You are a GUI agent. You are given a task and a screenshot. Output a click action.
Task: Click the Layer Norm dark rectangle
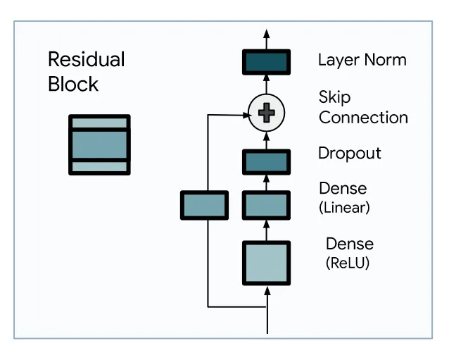(266, 62)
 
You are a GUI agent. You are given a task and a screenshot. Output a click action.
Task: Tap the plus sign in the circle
(267, 113)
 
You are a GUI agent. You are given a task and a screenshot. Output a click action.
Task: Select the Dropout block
(266, 162)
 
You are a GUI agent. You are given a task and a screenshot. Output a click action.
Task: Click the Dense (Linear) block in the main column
(266, 205)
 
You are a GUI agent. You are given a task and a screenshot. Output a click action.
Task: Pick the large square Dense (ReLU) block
(266, 263)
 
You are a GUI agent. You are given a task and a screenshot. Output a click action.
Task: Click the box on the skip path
(205, 205)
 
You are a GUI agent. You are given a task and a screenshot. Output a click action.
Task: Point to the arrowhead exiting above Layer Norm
(267, 34)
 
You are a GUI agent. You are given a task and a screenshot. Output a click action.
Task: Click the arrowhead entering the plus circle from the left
(246, 116)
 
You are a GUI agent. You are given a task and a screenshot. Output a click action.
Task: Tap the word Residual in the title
(86, 59)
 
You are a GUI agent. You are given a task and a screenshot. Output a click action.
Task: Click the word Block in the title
(73, 84)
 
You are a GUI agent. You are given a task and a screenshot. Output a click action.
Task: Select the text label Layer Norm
(362, 61)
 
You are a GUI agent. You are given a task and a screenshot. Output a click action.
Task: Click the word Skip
(334, 97)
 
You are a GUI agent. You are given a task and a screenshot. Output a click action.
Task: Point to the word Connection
(363, 118)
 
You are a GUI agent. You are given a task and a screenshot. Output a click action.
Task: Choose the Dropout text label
(350, 154)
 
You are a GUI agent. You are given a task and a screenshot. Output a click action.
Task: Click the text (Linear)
(344, 207)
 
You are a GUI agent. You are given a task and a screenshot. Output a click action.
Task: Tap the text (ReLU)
(348, 263)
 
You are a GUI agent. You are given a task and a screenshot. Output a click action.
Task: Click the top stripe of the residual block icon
(99, 123)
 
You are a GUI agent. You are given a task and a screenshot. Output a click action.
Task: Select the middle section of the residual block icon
(99, 144)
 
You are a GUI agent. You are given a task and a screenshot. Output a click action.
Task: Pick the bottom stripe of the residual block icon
(99, 166)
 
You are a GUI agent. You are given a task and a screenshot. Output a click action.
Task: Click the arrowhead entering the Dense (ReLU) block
(267, 291)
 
